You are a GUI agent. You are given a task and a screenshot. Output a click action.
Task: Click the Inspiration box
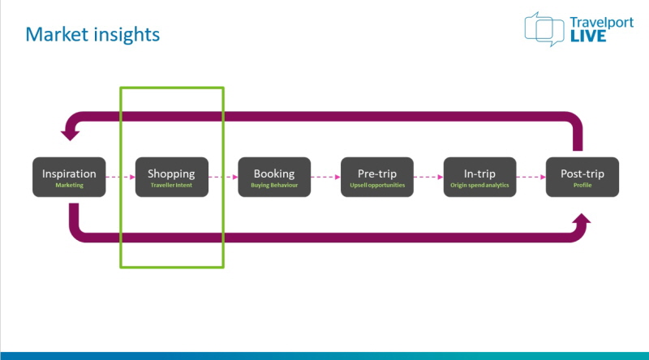click(x=69, y=177)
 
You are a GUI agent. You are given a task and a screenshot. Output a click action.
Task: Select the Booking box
click(x=274, y=177)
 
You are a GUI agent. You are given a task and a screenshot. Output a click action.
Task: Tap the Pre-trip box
click(x=377, y=177)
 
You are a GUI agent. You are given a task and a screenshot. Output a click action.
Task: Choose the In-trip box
click(x=479, y=177)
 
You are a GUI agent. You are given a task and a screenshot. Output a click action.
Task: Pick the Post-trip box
click(x=582, y=177)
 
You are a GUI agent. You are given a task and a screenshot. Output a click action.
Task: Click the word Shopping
click(x=171, y=174)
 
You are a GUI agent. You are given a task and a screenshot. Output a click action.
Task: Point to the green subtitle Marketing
click(x=70, y=185)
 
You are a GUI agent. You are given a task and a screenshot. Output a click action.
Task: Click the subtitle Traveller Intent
click(x=171, y=185)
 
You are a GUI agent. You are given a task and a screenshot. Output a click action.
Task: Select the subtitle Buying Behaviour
click(x=274, y=185)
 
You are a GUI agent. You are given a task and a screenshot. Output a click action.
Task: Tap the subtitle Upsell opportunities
click(x=377, y=185)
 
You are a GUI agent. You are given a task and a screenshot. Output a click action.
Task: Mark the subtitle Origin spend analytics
click(x=479, y=185)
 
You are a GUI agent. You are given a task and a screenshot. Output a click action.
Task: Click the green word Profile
click(x=582, y=185)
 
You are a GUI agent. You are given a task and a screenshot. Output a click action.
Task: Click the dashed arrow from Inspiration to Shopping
click(x=120, y=177)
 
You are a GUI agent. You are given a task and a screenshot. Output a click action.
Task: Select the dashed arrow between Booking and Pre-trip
click(x=326, y=177)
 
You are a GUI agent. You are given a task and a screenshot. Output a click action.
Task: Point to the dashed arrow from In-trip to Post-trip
click(x=531, y=177)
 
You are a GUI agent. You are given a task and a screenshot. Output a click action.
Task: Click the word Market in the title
click(x=57, y=34)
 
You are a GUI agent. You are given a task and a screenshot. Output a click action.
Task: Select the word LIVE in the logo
click(x=588, y=36)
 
